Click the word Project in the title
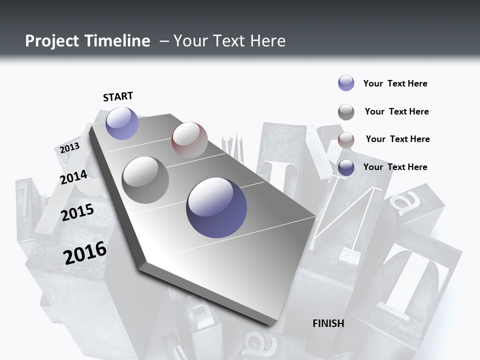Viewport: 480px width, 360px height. pos(52,41)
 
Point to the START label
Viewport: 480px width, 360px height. pos(118,96)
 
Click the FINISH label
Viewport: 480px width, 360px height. pos(328,323)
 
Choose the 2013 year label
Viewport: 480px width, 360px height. pos(69,148)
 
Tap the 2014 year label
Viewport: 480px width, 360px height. pos(73,177)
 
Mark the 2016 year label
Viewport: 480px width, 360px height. pos(85,252)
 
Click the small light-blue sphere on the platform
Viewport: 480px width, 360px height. pos(122,123)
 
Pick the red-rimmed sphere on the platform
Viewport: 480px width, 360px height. pos(189,139)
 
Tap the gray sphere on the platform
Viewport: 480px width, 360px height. pos(145,179)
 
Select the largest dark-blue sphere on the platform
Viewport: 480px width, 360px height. pos(216,207)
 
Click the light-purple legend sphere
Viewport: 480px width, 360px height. pos(346,83)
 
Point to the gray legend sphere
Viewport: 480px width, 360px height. pos(346,112)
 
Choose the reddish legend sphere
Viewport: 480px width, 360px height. pos(346,140)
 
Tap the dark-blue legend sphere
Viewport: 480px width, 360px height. pos(346,167)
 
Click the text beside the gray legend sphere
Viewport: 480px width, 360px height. pos(396,111)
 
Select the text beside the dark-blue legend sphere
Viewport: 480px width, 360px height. pos(395,167)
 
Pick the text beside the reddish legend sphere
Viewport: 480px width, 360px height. pos(397,139)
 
